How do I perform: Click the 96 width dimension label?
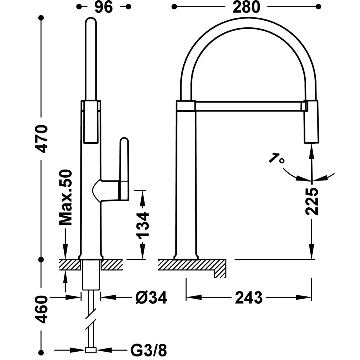click(104, 7)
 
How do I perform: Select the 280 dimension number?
click(246, 7)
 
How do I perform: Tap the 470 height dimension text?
click(42, 139)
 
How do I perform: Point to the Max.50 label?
click(65, 197)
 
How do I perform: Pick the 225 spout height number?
click(311, 201)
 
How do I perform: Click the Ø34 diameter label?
click(151, 298)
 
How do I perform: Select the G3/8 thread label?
click(149, 349)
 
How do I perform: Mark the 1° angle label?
click(276, 158)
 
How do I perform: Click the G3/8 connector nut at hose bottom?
click(91, 349)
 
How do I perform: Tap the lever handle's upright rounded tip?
click(124, 142)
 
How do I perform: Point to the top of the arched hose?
click(248, 23)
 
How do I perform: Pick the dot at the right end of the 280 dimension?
click(318, 7)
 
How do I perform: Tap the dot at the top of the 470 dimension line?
click(41, 18)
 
